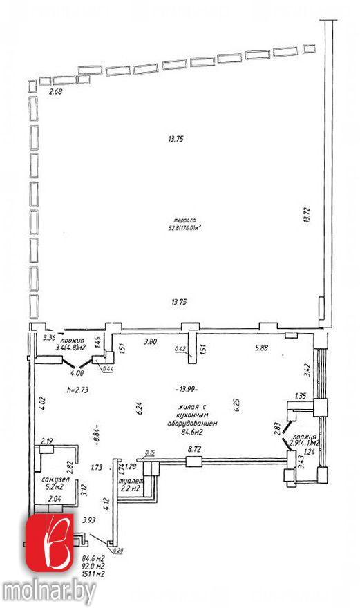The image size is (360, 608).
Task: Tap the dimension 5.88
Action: pyautogui.click(x=261, y=348)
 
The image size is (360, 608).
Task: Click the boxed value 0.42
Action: pyautogui.click(x=182, y=350)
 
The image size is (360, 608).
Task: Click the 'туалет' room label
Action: pyautogui.click(x=131, y=480)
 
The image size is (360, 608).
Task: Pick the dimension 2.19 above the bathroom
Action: pyautogui.click(x=48, y=441)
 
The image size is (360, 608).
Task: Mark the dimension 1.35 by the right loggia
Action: pyautogui.click(x=300, y=397)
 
